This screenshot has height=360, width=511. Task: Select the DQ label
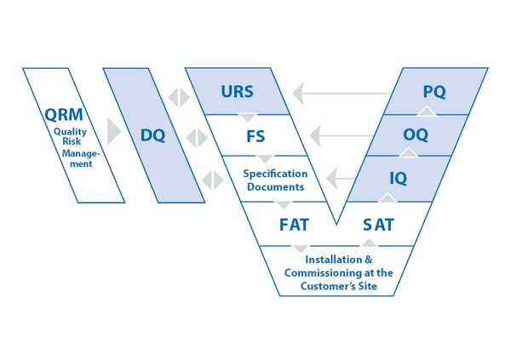(153, 134)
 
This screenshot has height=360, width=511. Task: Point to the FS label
(255, 135)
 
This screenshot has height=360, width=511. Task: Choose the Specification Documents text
(275, 180)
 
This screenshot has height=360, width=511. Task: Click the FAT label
(294, 225)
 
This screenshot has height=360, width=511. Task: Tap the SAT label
(379, 225)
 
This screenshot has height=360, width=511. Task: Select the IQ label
(398, 179)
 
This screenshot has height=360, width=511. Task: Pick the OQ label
(416, 134)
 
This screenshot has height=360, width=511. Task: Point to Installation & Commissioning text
(338, 273)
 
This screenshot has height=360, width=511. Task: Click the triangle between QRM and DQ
(115, 132)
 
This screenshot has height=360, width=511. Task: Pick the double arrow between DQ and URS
(179, 97)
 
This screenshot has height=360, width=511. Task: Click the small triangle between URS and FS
(247, 117)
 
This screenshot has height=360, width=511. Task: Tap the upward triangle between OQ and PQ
(428, 111)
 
